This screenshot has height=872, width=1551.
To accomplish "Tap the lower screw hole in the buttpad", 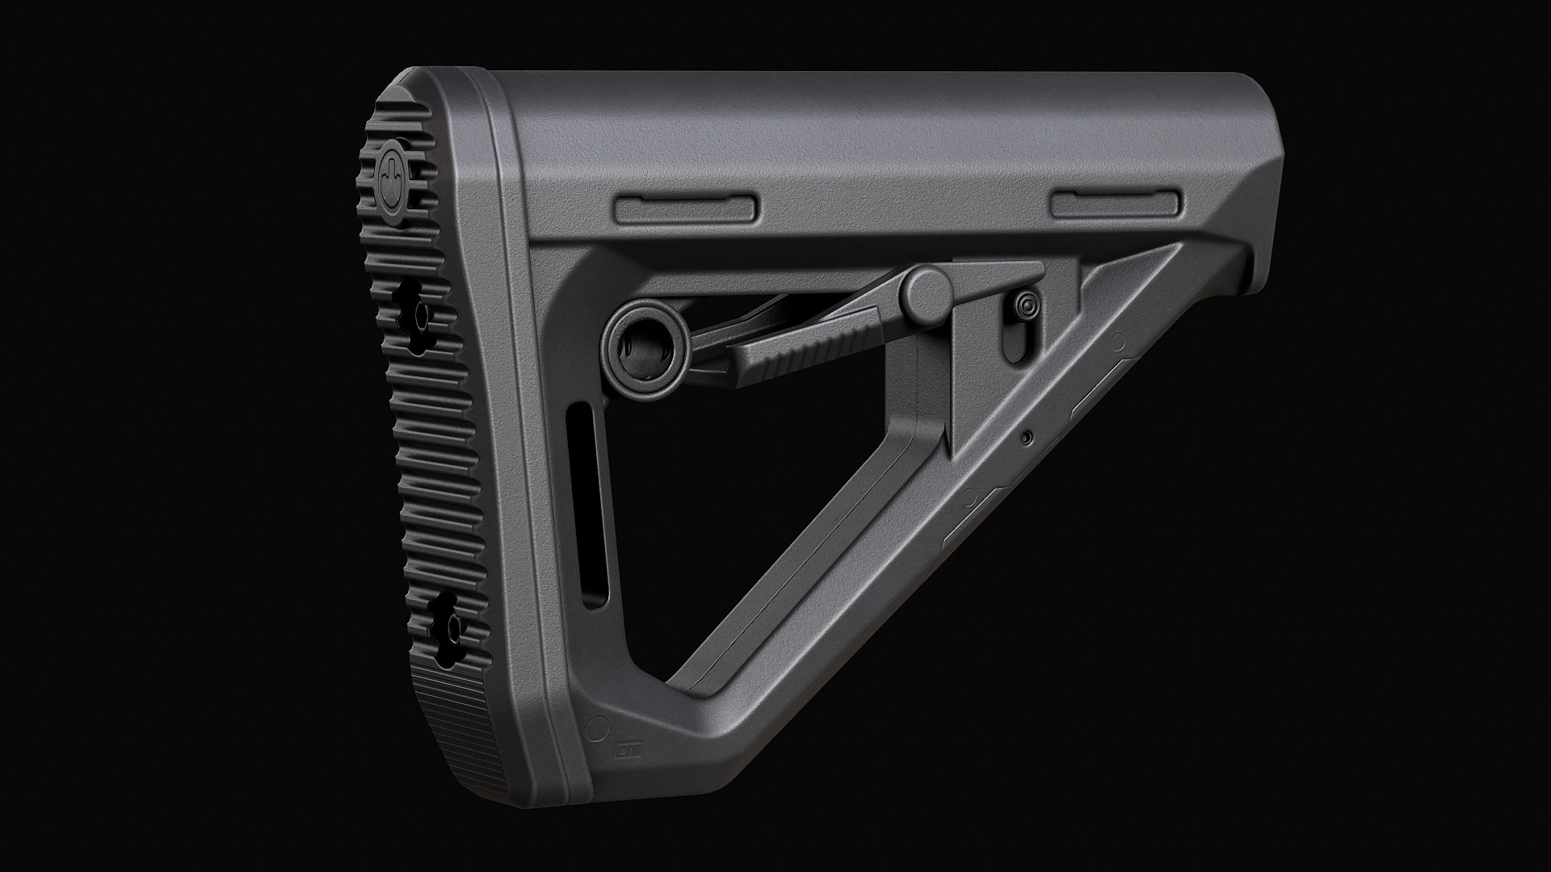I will coord(447,627).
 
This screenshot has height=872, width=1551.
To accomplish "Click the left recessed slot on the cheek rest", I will coord(687,208).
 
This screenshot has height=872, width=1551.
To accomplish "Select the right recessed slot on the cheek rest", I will coord(1116,203).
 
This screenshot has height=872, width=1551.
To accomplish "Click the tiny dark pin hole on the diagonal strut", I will coord(1026,438).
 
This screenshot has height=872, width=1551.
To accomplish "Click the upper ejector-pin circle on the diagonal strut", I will coord(1118,340).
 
